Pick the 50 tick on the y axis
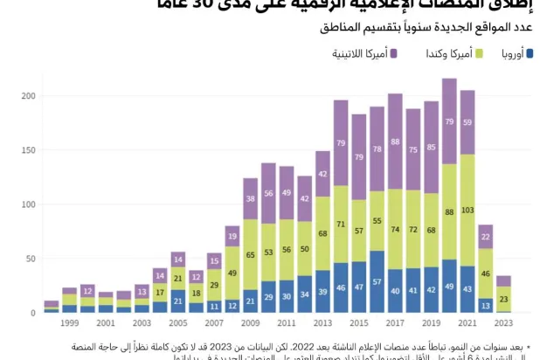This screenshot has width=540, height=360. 33,259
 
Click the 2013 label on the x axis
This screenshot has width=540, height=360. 322,323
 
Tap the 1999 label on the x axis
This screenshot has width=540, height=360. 70,323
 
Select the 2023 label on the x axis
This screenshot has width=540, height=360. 503,323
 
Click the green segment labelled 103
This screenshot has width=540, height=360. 467,211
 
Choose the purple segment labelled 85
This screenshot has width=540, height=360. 431,148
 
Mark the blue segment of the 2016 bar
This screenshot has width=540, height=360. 377,281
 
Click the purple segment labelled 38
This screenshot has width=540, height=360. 250,198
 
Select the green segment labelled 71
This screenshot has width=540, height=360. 341,224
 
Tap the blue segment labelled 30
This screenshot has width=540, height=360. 286,296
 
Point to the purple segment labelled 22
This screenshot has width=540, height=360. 485,236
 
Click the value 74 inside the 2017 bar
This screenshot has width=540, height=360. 395,229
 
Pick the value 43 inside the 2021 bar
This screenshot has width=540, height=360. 467,289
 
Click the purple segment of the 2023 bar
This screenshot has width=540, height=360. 503,280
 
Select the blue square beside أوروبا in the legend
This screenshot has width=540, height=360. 530,54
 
